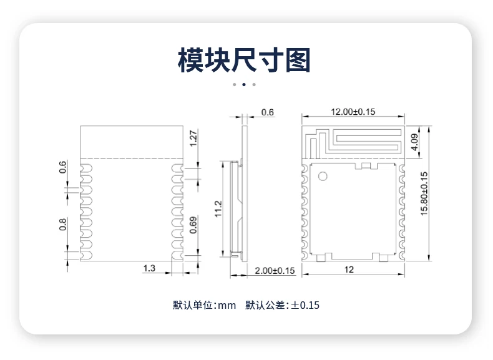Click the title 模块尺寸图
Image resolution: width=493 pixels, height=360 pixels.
[x=244, y=60]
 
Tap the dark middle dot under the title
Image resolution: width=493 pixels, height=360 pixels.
[x=244, y=85]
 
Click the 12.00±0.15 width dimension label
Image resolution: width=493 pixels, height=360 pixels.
[x=353, y=112]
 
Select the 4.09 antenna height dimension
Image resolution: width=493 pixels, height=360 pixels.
[x=415, y=142]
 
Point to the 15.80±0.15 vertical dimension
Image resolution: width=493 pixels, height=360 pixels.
[x=424, y=193]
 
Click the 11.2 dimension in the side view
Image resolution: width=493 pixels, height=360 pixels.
[x=218, y=209]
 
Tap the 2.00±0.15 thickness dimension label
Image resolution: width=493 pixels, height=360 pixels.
[x=275, y=271]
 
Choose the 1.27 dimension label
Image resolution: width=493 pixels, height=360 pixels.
[x=193, y=139]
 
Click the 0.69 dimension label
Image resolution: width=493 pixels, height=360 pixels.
[x=193, y=225]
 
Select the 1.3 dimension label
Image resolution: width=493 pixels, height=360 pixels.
[x=149, y=268]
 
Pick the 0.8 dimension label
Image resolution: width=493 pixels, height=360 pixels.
[x=63, y=225]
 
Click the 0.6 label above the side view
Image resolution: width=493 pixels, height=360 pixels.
[x=268, y=112]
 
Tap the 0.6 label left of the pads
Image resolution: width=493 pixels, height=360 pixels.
[x=63, y=167]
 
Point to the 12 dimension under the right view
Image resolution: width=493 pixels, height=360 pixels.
[x=349, y=270]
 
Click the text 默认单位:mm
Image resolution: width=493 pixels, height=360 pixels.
[x=204, y=305]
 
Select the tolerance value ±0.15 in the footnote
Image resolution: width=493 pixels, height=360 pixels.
[x=305, y=305]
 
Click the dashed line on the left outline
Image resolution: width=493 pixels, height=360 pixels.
[x=132, y=158]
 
